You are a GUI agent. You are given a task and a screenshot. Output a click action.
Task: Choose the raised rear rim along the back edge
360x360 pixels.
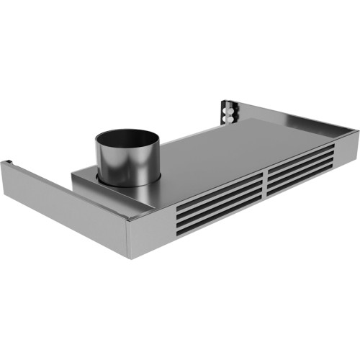(302, 122)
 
